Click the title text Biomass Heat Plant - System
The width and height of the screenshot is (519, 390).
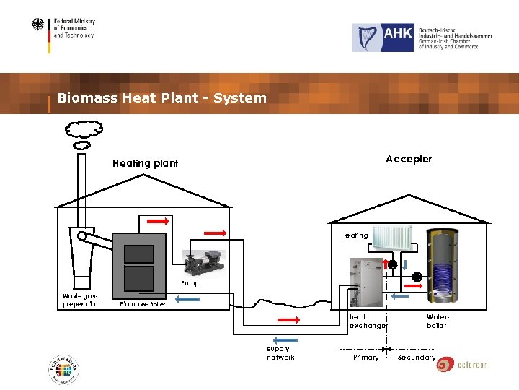tap(161, 98)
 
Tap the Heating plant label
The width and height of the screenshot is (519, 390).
tap(145, 163)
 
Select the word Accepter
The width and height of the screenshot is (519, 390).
tap(409, 159)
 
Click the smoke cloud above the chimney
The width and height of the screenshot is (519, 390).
tap(83, 130)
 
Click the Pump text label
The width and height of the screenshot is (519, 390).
tap(190, 284)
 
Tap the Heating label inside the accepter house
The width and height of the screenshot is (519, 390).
tap(354, 235)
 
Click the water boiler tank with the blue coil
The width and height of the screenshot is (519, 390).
tap(443, 267)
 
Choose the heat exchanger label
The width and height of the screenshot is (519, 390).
tap(367, 321)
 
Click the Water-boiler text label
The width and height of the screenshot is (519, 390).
tap(437, 321)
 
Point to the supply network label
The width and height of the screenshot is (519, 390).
tap(280, 353)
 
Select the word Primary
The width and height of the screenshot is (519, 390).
tap(365, 357)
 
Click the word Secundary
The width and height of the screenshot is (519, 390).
tap(417, 357)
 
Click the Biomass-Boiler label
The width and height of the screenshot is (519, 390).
tap(143, 304)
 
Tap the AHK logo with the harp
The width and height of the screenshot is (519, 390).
tap(383, 38)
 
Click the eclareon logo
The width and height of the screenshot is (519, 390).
tap(462, 365)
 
